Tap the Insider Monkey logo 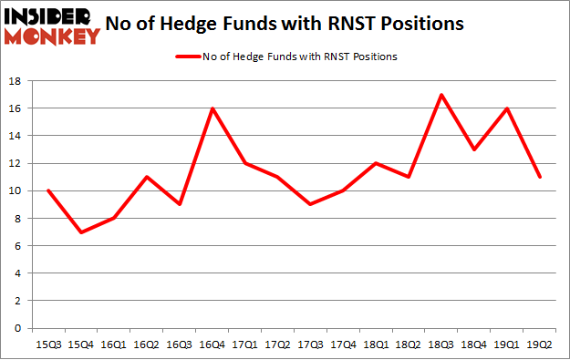click(x=51, y=26)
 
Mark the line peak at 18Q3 click(x=441, y=95)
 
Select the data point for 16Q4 click(x=212, y=108)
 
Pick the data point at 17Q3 click(x=311, y=204)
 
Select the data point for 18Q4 click(x=473, y=149)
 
